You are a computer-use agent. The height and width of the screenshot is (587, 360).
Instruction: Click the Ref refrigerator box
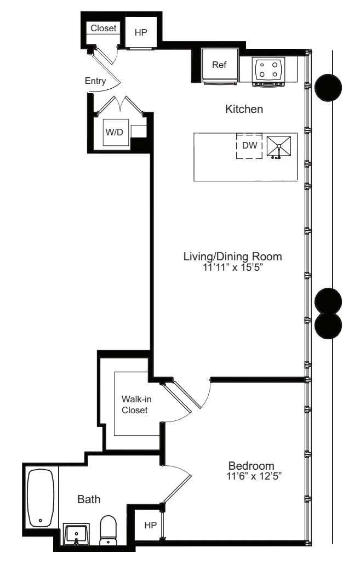click(x=220, y=65)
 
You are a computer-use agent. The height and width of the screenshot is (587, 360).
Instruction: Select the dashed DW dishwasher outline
click(x=249, y=146)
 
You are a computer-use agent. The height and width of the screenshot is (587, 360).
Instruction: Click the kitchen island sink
click(x=279, y=146)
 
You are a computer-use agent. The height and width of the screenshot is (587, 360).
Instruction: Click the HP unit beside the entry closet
click(x=141, y=32)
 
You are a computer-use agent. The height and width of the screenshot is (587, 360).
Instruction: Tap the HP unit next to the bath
click(x=150, y=525)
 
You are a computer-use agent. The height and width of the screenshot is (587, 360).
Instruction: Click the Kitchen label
click(x=244, y=110)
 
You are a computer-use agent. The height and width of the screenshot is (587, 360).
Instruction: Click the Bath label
click(x=88, y=499)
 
